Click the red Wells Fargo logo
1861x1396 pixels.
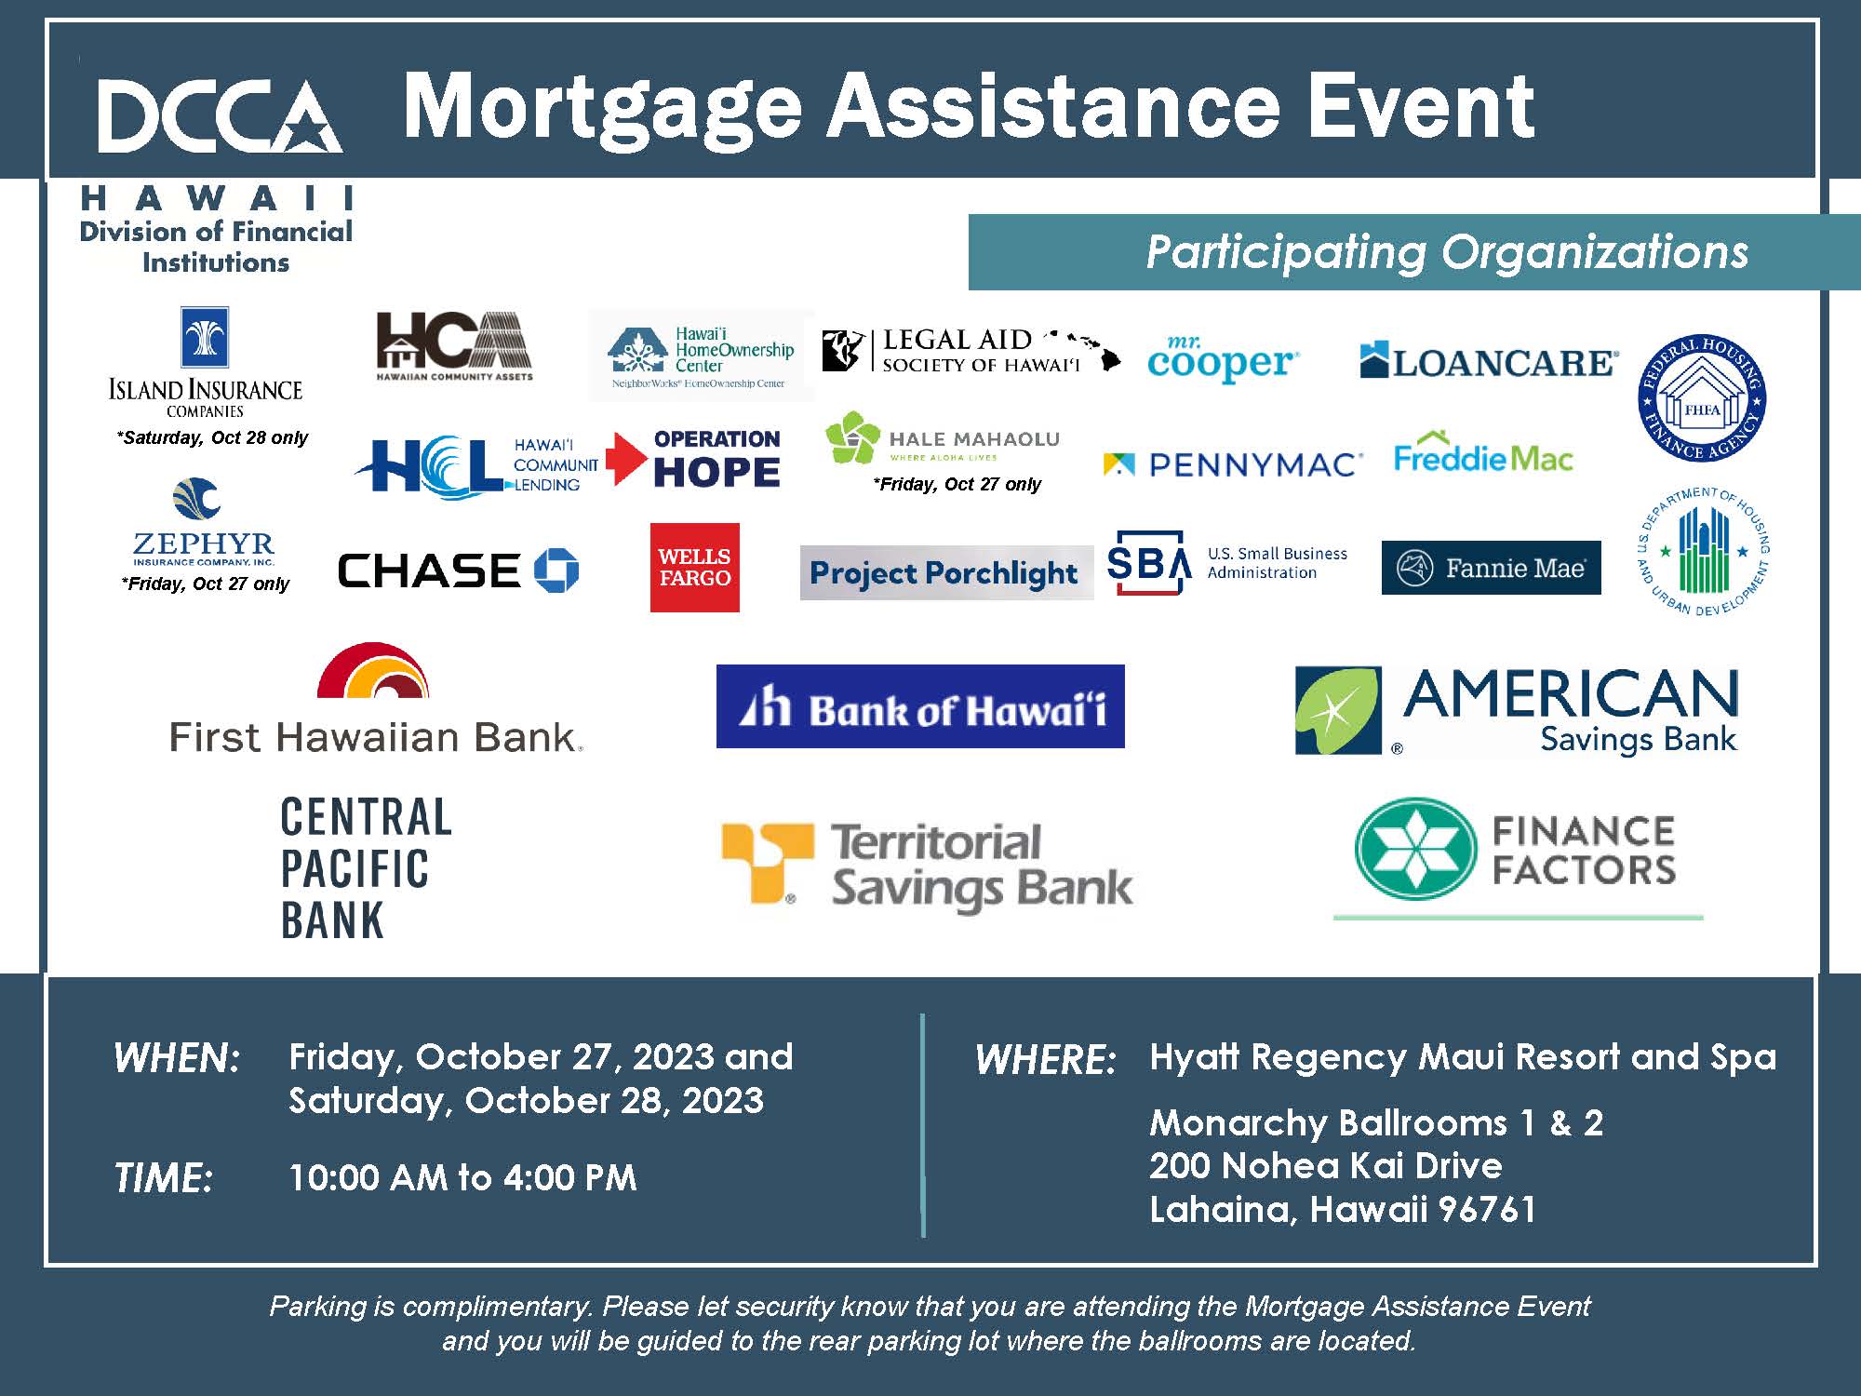[694, 567]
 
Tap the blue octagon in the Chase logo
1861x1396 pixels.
[556, 570]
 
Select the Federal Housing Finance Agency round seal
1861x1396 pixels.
[1702, 398]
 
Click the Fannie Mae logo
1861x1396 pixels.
[1491, 568]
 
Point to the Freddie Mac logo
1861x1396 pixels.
[1483, 455]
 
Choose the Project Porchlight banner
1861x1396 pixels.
[945, 572]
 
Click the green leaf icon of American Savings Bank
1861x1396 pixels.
[1338, 710]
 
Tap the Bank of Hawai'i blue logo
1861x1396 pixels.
[920, 706]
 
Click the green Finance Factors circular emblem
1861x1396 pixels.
[1415, 849]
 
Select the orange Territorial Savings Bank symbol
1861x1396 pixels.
[768, 862]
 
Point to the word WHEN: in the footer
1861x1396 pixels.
[177, 1059]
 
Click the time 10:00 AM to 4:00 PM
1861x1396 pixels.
[462, 1177]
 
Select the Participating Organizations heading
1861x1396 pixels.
[1447, 252]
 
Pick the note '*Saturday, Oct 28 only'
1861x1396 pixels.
[212, 437]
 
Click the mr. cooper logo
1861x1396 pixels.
[1222, 360]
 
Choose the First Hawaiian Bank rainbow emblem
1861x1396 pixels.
[373, 671]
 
